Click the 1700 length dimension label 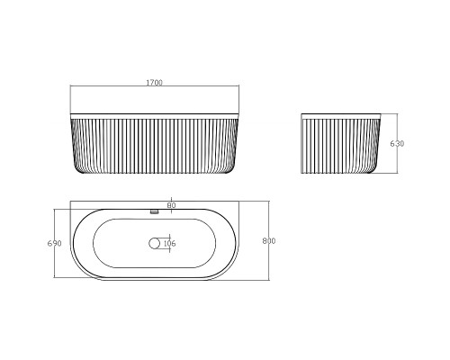tap(154, 83)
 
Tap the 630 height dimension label tap(397, 144)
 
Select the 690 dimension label tap(54, 243)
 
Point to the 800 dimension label tap(269, 241)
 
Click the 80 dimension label tap(171, 205)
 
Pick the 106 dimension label tap(169, 244)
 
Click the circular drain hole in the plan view tap(154, 243)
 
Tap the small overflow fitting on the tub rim tap(154, 211)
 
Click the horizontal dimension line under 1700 tap(155, 85)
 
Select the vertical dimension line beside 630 tap(397, 143)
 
